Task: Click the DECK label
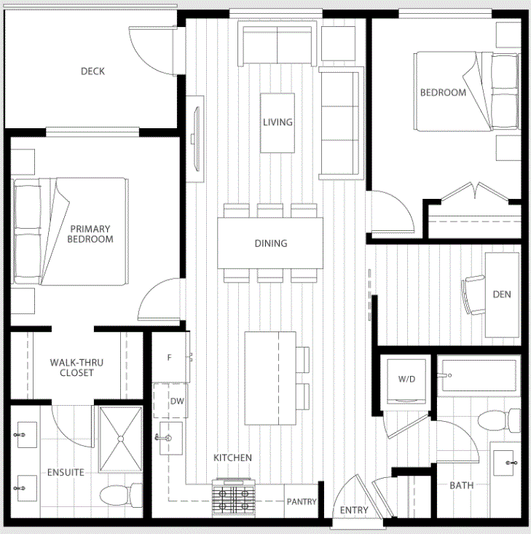pos(93,71)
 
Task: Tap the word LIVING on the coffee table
pos(278,122)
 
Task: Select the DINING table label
pos(271,243)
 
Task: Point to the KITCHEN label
pos(232,458)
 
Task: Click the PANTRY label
pos(302,502)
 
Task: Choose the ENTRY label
pos(354,510)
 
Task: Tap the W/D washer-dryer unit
pos(406,381)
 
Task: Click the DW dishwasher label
pos(177,401)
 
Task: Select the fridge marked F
pos(170,357)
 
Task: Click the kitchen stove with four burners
pos(234,498)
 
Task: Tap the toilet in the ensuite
pos(121,495)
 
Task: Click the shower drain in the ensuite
pos(121,439)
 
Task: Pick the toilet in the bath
pos(499,421)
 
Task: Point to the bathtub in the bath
pos(479,375)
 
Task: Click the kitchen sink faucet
pos(162,438)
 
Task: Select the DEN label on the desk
pos(502,294)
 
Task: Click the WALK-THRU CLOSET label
pos(76,367)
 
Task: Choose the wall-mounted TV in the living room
pos(196,139)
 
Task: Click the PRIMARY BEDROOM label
pos(90,234)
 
